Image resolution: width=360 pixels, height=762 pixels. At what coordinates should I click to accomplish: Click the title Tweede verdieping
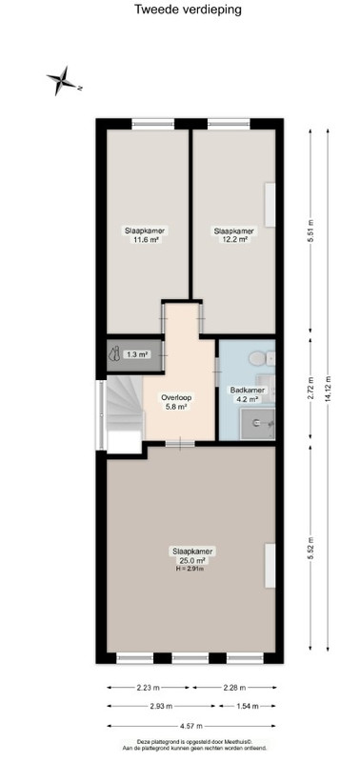pyautogui.click(x=188, y=10)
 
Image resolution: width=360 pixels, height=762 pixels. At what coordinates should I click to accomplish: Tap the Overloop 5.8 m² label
pyautogui.click(x=176, y=402)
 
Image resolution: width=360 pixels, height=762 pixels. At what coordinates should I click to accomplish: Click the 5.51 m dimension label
pyautogui.click(x=311, y=231)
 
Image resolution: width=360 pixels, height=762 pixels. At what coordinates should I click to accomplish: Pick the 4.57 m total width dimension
pyautogui.click(x=191, y=726)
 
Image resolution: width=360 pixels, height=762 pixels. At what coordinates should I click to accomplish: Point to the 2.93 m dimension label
pyautogui.click(x=161, y=706)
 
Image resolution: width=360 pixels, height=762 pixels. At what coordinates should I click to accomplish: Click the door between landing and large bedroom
pyautogui.click(x=180, y=443)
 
